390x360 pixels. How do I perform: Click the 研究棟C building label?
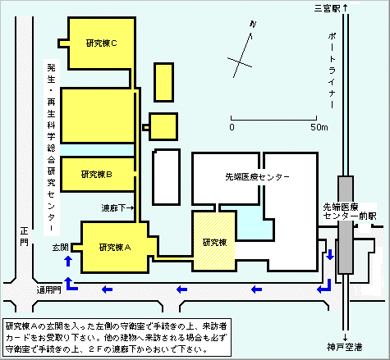102,43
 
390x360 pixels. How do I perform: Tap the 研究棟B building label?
97,175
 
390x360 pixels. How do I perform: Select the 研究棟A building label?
115,248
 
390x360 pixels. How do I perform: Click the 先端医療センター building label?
257,177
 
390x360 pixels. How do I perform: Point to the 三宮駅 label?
327,8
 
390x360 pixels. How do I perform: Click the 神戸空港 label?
345,347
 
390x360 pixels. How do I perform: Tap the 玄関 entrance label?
61,248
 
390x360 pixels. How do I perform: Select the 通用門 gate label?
49,289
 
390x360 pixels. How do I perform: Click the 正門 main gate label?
24,237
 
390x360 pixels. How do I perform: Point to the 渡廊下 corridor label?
113,208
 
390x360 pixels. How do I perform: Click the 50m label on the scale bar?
319,127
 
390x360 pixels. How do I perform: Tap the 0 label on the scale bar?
232,127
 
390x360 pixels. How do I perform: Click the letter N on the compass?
253,25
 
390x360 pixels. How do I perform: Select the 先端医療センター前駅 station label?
350,212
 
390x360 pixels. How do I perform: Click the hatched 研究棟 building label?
214,242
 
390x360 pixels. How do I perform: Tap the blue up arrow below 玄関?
68,261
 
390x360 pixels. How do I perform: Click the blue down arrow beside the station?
330,254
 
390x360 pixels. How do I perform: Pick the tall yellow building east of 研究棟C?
163,82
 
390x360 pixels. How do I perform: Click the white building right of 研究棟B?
166,177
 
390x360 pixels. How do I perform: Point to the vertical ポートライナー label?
332,71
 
